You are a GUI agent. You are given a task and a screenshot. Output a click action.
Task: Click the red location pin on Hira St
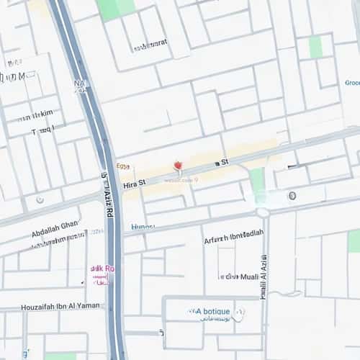tap(177, 168)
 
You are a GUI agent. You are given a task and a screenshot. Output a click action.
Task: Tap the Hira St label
tap(134, 184)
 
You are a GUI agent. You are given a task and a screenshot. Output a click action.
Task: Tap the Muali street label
tap(240, 276)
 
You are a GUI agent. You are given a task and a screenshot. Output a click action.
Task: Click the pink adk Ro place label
tap(102, 269)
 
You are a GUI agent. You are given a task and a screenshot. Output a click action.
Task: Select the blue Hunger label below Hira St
tap(143, 227)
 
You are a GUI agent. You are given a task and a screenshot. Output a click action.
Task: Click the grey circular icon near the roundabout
tap(292, 195)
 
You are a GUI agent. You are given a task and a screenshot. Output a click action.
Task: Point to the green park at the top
tap(116, 8)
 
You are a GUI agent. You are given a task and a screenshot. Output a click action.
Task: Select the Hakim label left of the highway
tap(37, 114)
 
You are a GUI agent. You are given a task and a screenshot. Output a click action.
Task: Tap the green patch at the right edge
tap(354, 241)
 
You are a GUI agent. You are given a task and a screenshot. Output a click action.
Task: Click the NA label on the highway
tap(79, 84)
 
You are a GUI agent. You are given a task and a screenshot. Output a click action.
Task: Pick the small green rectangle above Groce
tap(315, 47)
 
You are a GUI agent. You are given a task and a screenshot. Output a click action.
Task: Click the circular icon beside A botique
tap(238, 314)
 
